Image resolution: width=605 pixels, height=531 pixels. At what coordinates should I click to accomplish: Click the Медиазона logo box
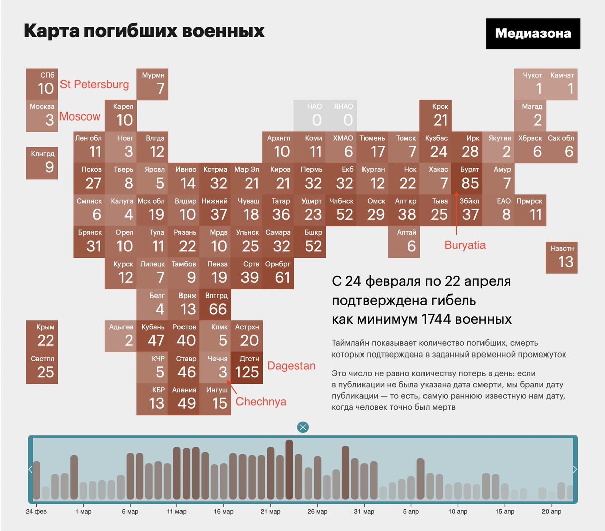pyautogui.click(x=533, y=34)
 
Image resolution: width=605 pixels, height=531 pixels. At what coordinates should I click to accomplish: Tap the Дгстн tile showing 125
pyautogui.click(x=247, y=368)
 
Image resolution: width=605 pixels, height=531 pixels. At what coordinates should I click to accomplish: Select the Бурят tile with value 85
pyautogui.click(x=467, y=179)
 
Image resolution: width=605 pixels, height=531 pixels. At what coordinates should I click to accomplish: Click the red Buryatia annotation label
pyautogui.click(x=465, y=245)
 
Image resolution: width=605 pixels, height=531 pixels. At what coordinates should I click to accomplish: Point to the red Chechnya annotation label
pyautogui.click(x=261, y=402)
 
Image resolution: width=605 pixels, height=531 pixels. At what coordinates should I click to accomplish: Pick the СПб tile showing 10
pyautogui.click(x=42, y=84)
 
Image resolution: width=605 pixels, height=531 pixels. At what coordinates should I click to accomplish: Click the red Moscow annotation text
pyautogui.click(x=80, y=116)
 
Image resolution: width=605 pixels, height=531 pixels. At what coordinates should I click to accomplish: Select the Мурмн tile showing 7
pyautogui.click(x=152, y=84)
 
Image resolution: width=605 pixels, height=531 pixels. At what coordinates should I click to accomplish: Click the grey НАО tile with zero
pyautogui.click(x=310, y=115)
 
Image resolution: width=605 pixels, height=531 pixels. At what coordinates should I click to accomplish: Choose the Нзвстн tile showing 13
pyautogui.click(x=561, y=258)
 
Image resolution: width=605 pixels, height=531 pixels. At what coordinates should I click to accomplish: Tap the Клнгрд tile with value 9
pyautogui.click(x=42, y=163)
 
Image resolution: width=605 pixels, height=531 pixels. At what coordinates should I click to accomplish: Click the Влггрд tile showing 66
pyautogui.click(x=215, y=305)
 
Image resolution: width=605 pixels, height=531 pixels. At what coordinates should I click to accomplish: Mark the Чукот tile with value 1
pyautogui.click(x=530, y=84)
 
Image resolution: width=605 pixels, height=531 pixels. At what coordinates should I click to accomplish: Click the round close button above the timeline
pyautogui.click(x=302, y=427)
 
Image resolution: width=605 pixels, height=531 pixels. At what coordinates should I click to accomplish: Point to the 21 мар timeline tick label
pyautogui.click(x=270, y=511)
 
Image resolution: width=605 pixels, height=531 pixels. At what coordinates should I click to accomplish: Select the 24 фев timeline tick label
pyautogui.click(x=36, y=511)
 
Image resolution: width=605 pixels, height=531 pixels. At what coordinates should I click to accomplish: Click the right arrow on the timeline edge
pyautogui.click(x=575, y=469)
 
